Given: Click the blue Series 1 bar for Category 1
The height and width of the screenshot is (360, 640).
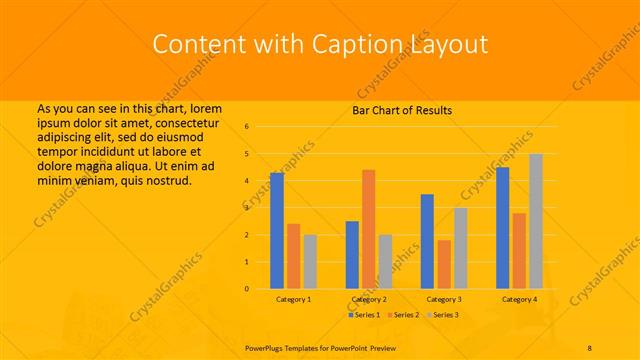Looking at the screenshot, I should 277,231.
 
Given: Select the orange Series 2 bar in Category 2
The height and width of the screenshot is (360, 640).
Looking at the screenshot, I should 368,229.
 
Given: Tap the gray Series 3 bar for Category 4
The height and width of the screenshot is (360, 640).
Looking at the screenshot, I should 536,221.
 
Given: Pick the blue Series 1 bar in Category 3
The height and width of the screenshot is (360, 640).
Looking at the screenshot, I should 427,241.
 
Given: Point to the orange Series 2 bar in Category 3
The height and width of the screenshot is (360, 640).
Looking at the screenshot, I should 444,264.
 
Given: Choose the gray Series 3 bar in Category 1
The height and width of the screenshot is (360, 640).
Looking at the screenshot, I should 310,261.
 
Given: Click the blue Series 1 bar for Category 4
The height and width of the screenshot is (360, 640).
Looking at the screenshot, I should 502,228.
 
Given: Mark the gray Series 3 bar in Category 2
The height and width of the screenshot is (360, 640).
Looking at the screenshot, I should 385,261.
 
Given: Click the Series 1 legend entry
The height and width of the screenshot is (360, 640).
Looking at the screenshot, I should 365,315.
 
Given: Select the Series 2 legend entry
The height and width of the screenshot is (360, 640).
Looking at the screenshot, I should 402,315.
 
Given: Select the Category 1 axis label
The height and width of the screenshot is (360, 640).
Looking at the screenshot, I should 293,299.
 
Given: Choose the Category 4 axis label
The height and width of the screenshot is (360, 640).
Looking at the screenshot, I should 519,299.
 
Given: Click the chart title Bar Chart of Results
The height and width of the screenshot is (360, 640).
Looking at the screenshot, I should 402,110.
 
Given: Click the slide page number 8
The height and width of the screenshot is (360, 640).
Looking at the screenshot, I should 590,348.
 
